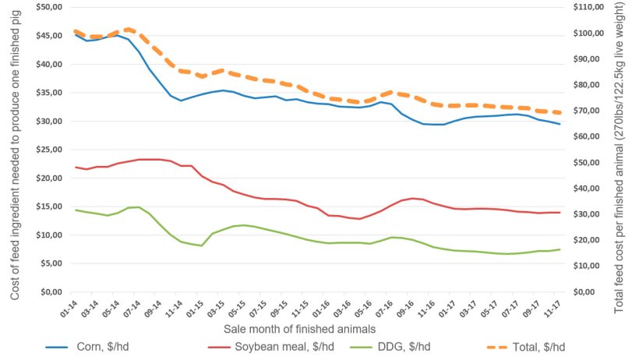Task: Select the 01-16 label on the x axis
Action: pos(323,309)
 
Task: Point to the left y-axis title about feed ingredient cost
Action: pos(16,152)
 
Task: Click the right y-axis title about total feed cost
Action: pos(620,156)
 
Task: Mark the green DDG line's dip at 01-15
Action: pos(202,246)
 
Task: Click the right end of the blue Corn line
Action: pos(560,124)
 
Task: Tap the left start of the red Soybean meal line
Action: pos(76,167)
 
